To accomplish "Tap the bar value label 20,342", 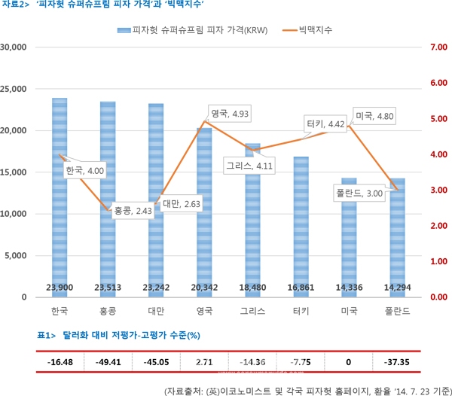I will (204, 287).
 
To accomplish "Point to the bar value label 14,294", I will (397, 287).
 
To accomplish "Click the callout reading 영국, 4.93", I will (230, 114).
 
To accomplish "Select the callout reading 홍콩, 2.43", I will (133, 211).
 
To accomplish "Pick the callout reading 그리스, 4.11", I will (249, 165).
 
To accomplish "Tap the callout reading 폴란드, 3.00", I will (359, 193).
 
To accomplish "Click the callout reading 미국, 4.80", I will (374, 117).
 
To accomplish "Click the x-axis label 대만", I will (156, 311).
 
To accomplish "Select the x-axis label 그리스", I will (252, 311).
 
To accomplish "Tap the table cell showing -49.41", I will (108, 362).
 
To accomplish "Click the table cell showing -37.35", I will (397, 362).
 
